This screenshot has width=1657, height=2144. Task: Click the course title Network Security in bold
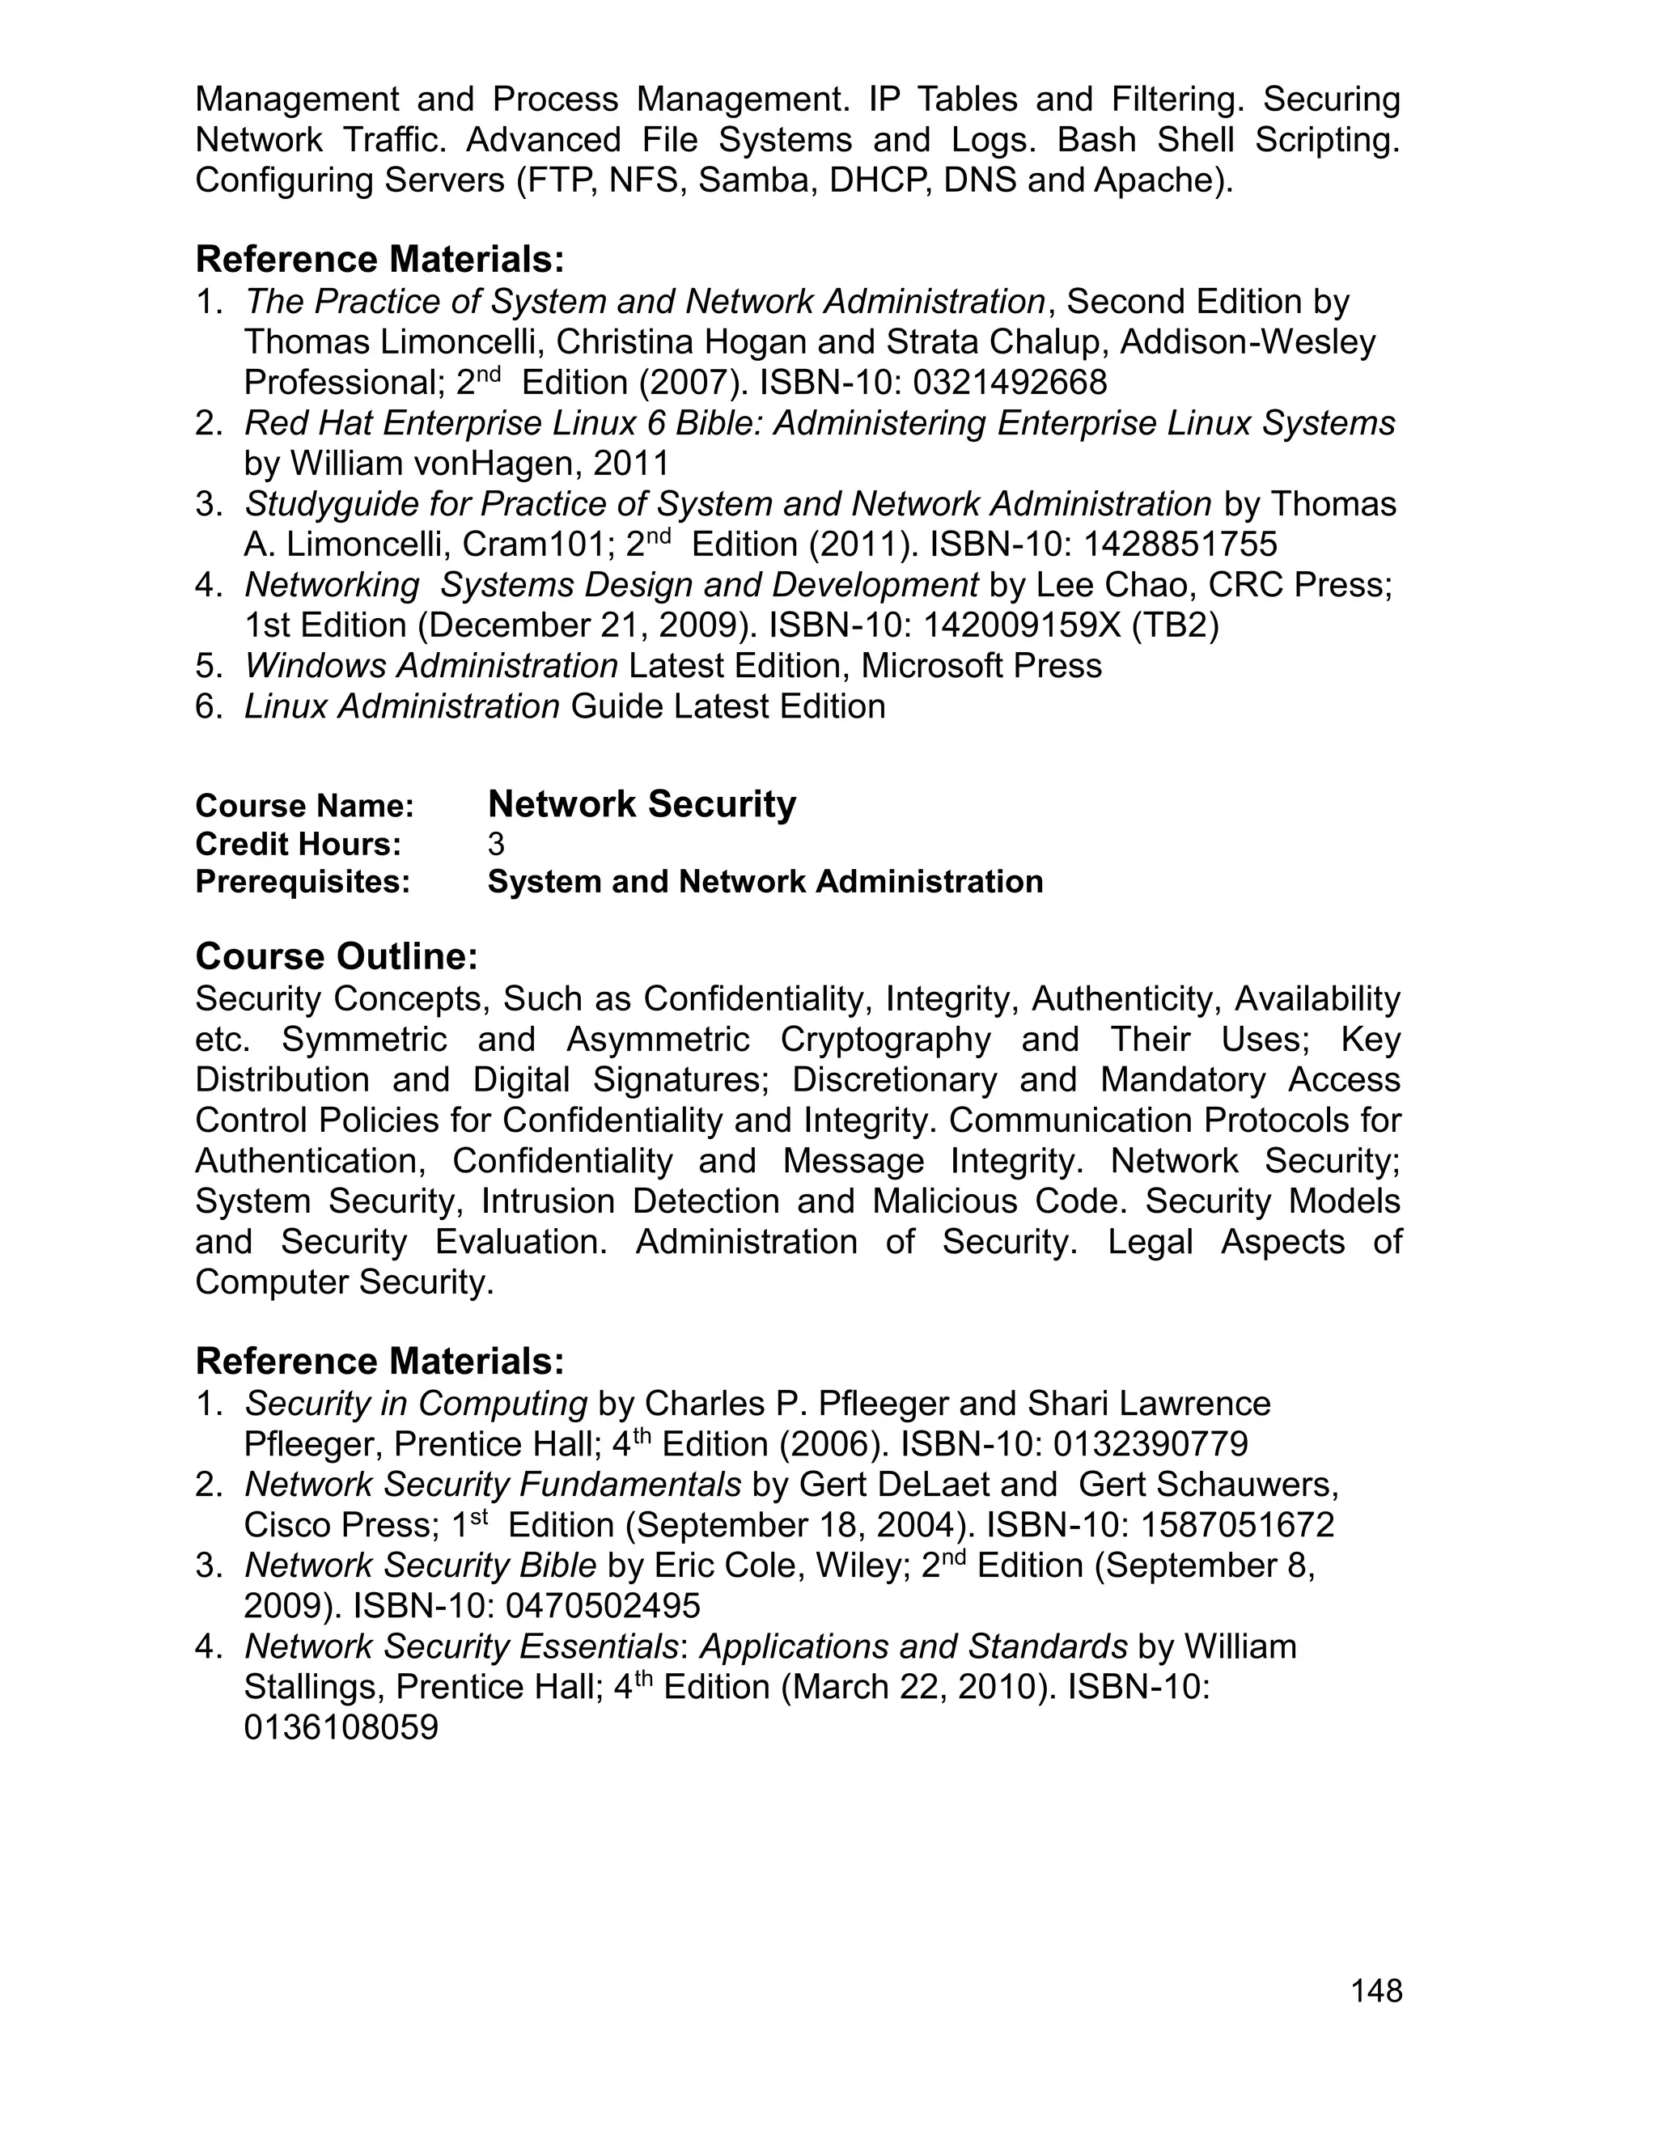pyautogui.click(x=641, y=804)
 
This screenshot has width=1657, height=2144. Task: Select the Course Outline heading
pyautogui.click(x=337, y=956)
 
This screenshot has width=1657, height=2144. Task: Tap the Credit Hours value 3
pyautogui.click(x=496, y=844)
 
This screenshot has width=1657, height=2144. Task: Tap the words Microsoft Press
pyautogui.click(x=981, y=666)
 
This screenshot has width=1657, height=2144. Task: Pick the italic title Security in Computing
pyautogui.click(x=415, y=1404)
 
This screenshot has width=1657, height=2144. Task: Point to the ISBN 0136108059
pyautogui.click(x=341, y=1728)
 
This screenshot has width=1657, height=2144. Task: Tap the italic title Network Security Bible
pyautogui.click(x=420, y=1566)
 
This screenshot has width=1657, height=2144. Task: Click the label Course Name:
pyautogui.click(x=304, y=806)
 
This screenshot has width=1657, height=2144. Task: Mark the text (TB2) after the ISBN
pyautogui.click(x=1174, y=625)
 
